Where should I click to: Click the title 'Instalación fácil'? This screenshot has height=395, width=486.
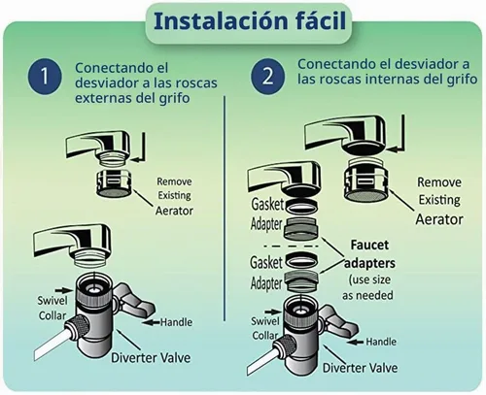click(x=250, y=21)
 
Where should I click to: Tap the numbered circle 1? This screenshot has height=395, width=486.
click(x=45, y=77)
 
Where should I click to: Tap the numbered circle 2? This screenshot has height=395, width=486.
click(x=268, y=77)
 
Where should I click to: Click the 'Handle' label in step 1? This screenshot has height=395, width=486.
click(x=176, y=322)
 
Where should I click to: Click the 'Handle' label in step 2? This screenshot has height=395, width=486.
click(x=381, y=342)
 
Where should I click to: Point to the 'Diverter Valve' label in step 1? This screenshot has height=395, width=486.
click(x=151, y=358)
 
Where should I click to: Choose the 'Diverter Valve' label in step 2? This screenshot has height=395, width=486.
click(x=360, y=368)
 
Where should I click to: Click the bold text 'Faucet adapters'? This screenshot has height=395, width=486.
click(x=369, y=254)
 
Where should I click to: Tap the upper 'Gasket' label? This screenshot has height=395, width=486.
click(x=267, y=204)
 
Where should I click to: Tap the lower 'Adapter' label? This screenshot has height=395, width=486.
click(x=266, y=283)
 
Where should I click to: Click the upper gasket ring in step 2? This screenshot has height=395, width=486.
click(x=301, y=207)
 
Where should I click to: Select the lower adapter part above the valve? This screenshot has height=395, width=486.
click(x=301, y=280)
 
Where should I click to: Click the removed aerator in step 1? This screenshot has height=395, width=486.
click(x=114, y=183)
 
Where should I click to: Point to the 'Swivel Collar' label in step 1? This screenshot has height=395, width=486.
click(x=52, y=308)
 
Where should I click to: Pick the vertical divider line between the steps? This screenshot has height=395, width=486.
click(x=225, y=209)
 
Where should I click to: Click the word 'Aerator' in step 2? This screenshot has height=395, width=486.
click(x=439, y=219)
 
